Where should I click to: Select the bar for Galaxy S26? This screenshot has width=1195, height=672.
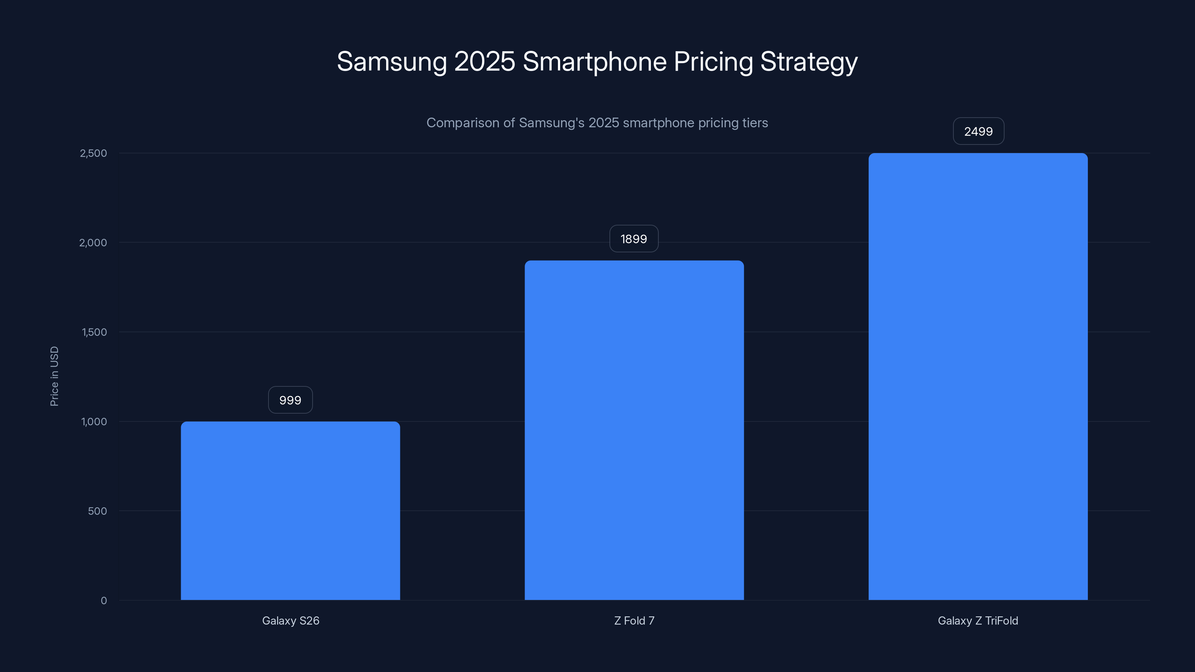click(291, 510)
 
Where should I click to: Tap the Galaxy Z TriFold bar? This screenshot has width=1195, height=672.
click(978, 376)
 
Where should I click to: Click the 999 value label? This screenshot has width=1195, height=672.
click(291, 400)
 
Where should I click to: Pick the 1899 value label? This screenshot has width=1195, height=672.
click(634, 239)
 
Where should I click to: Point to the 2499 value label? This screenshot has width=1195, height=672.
click(978, 131)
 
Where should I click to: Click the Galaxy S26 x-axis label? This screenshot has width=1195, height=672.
click(291, 620)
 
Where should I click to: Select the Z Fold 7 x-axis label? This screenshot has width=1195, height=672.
click(634, 620)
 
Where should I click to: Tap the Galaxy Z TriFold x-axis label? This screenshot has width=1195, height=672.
click(978, 620)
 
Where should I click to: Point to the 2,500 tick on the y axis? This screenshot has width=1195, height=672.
click(93, 153)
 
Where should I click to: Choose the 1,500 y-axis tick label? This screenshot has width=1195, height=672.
click(94, 332)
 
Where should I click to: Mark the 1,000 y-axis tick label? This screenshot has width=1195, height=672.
click(94, 421)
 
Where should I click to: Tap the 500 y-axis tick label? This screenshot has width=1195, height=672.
click(97, 511)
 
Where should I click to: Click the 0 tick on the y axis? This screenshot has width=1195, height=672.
click(104, 601)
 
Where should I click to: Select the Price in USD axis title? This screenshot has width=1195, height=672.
click(54, 376)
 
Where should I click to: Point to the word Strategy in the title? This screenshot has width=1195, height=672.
click(808, 62)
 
